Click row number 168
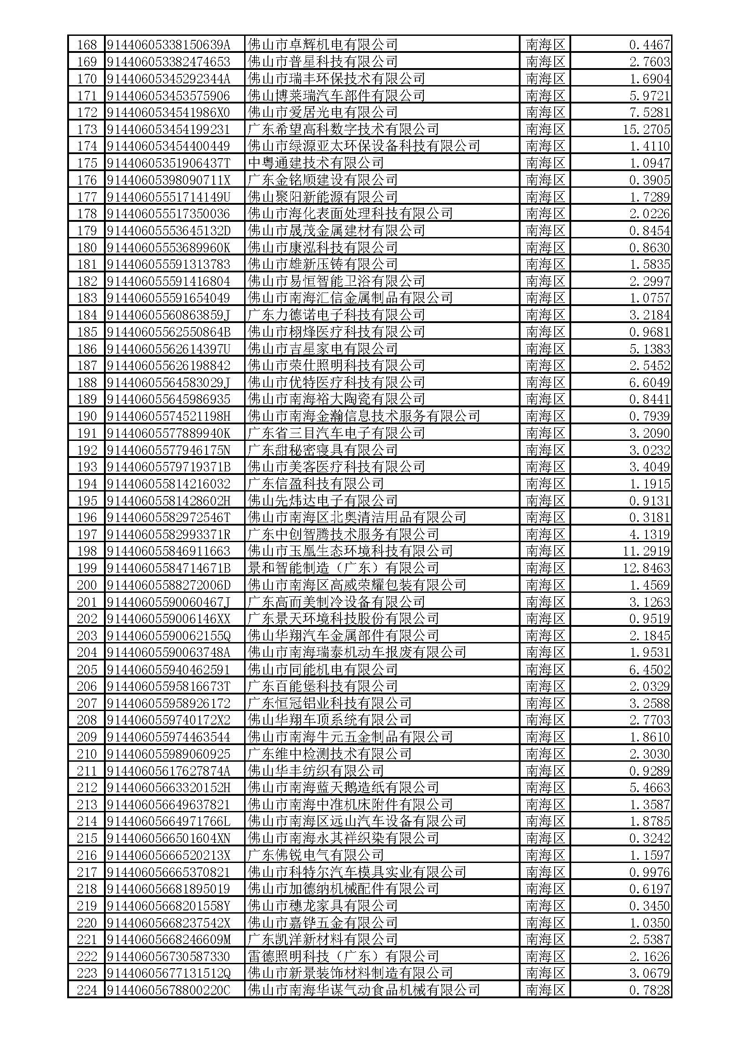tap(87, 45)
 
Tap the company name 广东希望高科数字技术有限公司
tap(343, 129)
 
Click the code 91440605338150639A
tap(168, 45)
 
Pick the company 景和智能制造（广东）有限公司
tap(343, 568)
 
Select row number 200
tap(87, 585)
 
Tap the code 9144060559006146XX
tap(168, 619)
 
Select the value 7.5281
tap(649, 112)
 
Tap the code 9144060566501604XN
tap(168, 838)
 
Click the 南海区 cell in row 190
tap(545, 416)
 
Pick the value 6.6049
tap(649, 383)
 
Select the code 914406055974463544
tap(168, 737)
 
